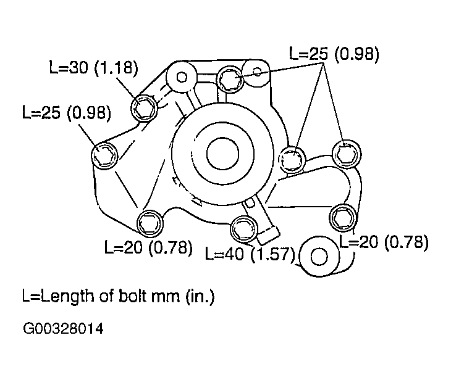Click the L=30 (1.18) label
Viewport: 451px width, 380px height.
pos(94,68)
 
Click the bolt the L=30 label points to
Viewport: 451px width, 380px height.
pos(144,108)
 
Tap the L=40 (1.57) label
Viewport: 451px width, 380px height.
pos(250,254)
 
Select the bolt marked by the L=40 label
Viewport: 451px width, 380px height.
pos(243,229)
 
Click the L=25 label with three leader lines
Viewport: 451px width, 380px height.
pos(334,54)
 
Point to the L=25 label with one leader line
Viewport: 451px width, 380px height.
pos(67,112)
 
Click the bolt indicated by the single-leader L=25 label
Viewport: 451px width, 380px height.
pos(104,155)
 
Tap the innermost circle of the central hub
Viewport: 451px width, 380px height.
pos(222,154)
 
